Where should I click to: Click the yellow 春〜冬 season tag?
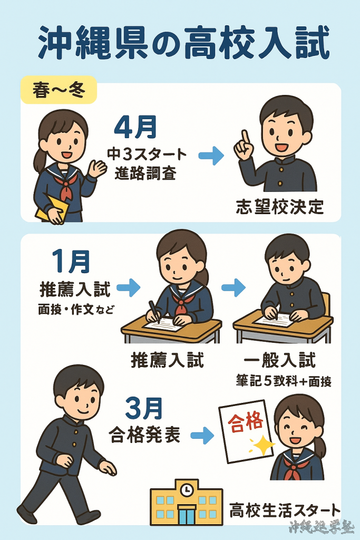59,90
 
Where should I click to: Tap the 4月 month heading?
135,127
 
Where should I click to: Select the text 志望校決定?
280,207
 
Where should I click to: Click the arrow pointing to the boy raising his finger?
211,156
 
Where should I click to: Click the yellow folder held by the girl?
52,208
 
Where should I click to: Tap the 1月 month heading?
71,262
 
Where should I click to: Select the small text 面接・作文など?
76,310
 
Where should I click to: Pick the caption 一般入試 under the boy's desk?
280,360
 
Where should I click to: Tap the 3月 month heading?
144,409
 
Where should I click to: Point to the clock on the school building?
187,490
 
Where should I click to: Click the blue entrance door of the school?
186,515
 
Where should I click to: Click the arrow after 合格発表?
202,435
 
